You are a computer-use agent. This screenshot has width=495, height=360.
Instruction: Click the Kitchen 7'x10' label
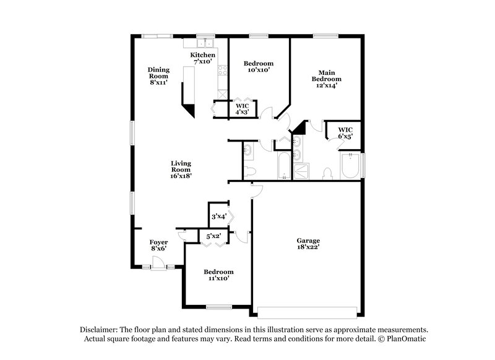[x=203, y=59]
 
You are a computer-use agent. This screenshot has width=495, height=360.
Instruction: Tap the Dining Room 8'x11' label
[x=158, y=75]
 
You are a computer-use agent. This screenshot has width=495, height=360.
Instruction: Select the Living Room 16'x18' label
[x=181, y=169]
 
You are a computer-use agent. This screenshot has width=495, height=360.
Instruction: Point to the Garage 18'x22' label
[x=308, y=244]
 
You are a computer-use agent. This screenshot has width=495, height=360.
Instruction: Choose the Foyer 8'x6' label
[x=159, y=245]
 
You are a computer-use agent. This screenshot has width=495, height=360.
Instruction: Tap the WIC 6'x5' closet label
[x=345, y=132]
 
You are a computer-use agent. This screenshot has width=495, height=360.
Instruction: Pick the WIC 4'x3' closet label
[x=242, y=109]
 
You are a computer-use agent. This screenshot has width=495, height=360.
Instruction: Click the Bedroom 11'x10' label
[x=218, y=275]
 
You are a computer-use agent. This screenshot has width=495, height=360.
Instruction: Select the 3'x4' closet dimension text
[x=218, y=216]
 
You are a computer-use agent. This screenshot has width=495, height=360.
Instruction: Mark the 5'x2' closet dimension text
[x=213, y=236]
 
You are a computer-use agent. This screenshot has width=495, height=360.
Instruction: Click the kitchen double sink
[x=205, y=43]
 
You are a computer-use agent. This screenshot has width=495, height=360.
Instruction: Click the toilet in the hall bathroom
[x=250, y=171]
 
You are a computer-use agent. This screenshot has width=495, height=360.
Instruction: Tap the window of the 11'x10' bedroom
[x=218, y=307]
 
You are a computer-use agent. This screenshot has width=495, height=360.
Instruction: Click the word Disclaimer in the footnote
[x=100, y=330]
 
